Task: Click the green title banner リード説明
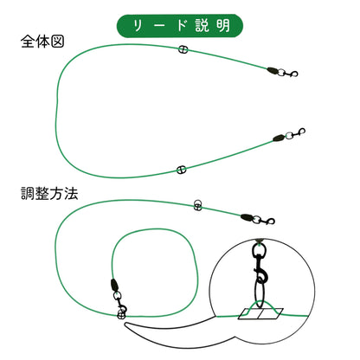[179, 26]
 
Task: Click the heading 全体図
[42, 42]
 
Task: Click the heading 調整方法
[49, 193]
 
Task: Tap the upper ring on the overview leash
[183, 49]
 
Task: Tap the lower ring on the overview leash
[181, 170]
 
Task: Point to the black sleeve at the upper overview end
[273, 70]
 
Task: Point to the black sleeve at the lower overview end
[279, 138]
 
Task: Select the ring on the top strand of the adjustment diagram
[197, 205]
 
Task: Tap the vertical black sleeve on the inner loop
[114, 286]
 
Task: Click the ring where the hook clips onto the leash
[121, 315]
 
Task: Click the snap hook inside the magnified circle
[260, 263]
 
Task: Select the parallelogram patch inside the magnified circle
[260, 314]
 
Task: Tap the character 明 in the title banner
[223, 26]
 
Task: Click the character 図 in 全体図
[57, 42]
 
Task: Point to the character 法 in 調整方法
[71, 193]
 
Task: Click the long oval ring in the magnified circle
[260, 292]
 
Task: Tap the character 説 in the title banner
[202, 26]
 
